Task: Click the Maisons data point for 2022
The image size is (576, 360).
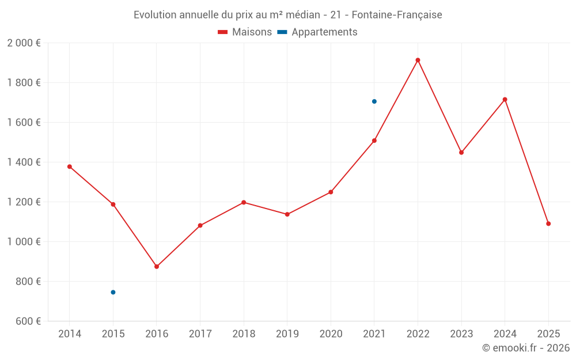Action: click(x=418, y=60)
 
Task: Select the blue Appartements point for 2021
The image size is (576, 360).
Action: click(x=374, y=101)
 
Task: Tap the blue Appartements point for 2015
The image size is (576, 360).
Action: click(x=113, y=292)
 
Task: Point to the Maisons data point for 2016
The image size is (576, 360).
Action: click(x=157, y=267)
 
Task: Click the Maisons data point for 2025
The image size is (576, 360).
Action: click(x=548, y=223)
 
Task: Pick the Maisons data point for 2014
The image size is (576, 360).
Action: click(x=70, y=166)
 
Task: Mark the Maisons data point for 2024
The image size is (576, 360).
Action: click(x=505, y=100)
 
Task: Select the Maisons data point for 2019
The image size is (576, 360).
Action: click(x=287, y=214)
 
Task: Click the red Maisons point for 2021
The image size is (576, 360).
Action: click(x=374, y=141)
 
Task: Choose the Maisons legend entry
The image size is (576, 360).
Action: click(x=245, y=32)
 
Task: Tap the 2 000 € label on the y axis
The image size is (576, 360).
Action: click(x=24, y=43)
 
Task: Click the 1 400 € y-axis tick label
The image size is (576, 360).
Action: click(x=24, y=162)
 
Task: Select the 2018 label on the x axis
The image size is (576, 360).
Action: click(x=244, y=334)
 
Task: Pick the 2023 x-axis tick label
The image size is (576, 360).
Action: click(x=461, y=334)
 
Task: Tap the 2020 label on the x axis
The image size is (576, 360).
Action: click(x=331, y=334)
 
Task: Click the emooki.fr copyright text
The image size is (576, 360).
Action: click(x=526, y=348)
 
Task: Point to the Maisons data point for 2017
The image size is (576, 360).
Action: click(x=200, y=226)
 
